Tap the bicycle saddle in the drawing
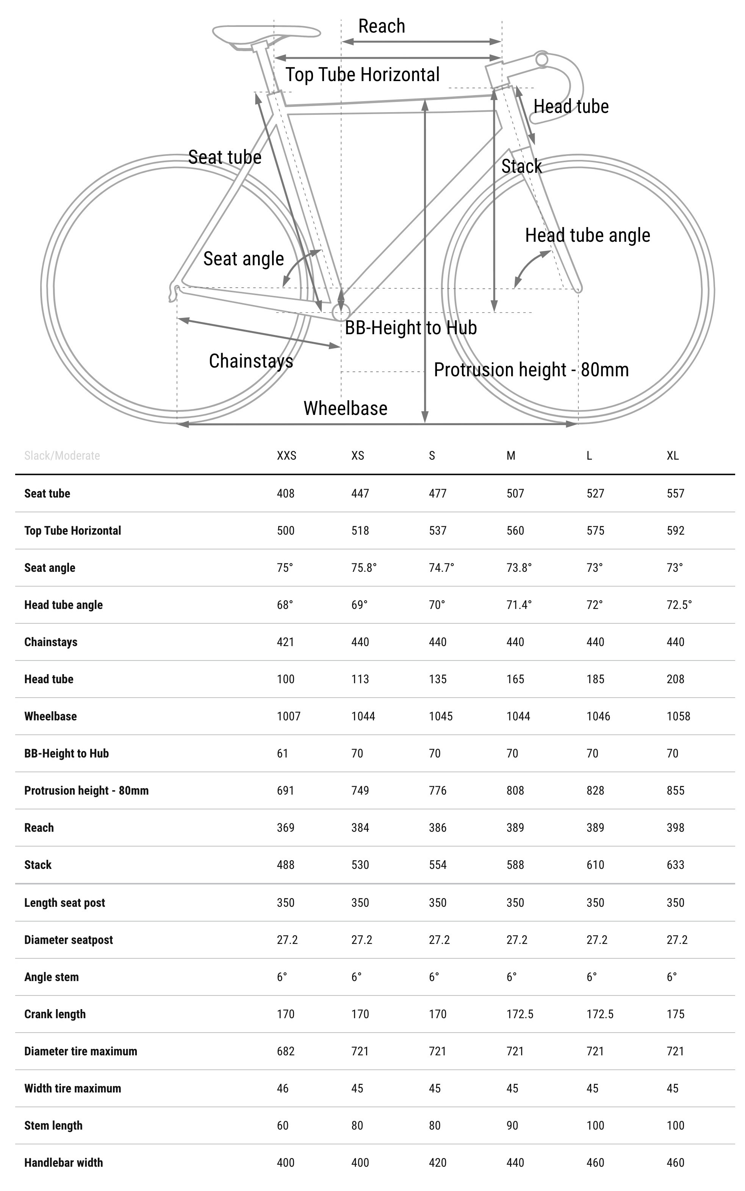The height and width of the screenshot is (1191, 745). [266, 34]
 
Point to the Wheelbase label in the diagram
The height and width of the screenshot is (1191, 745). [345, 408]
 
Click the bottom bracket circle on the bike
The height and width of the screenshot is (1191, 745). [341, 311]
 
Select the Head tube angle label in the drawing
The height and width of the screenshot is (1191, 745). [587, 235]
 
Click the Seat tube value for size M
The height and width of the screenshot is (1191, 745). [515, 493]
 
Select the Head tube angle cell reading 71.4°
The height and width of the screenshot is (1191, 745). [519, 605]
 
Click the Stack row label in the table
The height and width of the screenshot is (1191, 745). [38, 865]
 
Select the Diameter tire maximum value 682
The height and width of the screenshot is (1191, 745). [285, 1051]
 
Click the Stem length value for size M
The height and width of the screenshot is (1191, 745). [512, 1125]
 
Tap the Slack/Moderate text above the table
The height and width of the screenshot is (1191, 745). [62, 455]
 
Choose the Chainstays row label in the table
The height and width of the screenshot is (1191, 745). [51, 642]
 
